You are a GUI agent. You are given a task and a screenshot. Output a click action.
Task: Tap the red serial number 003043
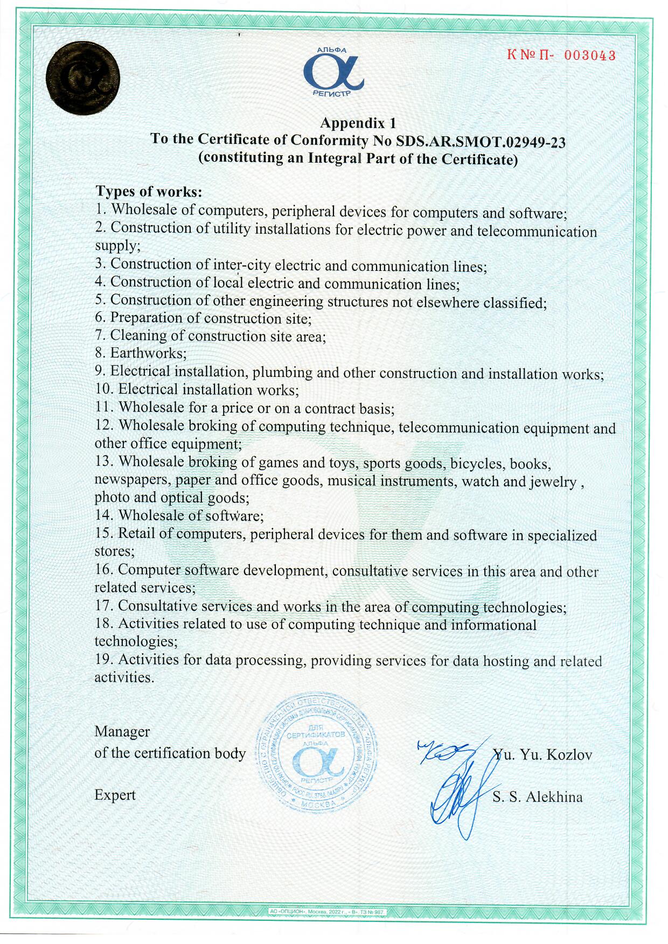590,55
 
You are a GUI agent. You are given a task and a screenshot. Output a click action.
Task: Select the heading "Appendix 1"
358,123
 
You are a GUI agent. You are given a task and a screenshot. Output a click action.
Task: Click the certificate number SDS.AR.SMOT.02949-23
481,142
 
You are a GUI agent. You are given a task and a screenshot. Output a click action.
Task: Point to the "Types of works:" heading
149,191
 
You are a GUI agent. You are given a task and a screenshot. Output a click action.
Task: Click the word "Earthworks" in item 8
147,353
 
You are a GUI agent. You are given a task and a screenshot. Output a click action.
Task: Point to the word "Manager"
122,731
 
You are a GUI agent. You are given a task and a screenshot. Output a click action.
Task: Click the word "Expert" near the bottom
115,795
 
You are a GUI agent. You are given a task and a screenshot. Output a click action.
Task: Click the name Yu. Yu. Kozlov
542,754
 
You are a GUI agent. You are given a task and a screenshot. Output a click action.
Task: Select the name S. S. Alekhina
537,797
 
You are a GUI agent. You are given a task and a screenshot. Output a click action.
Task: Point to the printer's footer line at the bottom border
327,912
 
